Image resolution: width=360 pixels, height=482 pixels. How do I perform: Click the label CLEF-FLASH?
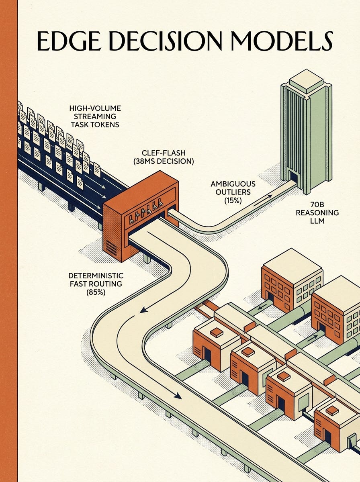click(164, 153)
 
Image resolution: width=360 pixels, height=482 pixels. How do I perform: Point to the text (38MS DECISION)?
click(164, 161)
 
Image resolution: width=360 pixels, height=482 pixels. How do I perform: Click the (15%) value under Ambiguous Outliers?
click(233, 200)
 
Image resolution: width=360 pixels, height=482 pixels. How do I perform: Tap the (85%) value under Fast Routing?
click(96, 292)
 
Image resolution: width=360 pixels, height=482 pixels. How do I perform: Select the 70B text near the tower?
click(317, 205)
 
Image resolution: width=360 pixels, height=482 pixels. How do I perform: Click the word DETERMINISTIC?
click(96, 276)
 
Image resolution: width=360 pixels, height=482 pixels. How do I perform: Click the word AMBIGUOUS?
click(233, 184)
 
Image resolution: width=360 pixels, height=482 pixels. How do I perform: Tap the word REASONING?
click(317, 212)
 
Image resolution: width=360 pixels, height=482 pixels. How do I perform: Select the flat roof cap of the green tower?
click(306, 80)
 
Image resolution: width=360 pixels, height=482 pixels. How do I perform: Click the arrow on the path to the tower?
click(263, 200)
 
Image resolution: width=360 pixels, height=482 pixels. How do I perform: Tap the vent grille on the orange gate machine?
click(111, 247)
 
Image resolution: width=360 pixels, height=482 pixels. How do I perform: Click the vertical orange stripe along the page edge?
click(9, 241)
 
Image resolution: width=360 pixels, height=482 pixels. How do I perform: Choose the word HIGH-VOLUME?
click(95, 108)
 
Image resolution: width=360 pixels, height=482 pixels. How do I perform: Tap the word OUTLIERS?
click(233, 192)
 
